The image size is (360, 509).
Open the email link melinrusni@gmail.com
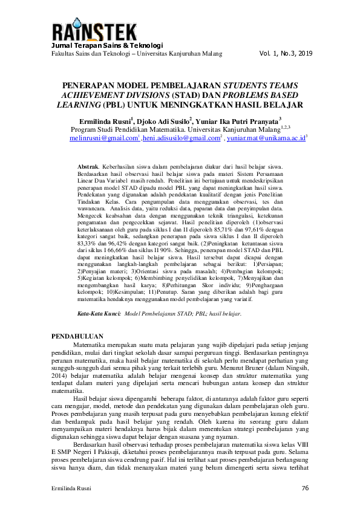pyautogui.click(x=103, y=138)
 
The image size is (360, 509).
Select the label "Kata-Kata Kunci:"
pyautogui.click(x=100, y=314)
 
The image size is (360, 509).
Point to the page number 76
pyautogui.click(x=305, y=487)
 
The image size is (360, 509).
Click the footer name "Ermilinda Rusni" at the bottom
pyautogui.click(x=71, y=487)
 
